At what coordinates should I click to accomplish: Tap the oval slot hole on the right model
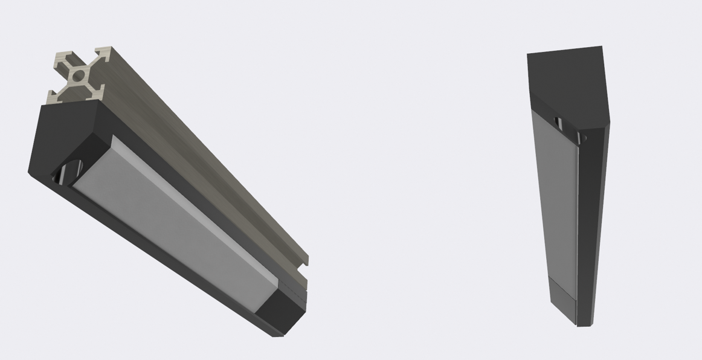(559, 123)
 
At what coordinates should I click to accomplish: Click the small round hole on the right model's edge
(583, 139)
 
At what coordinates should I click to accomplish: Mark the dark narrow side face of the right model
(592, 230)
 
